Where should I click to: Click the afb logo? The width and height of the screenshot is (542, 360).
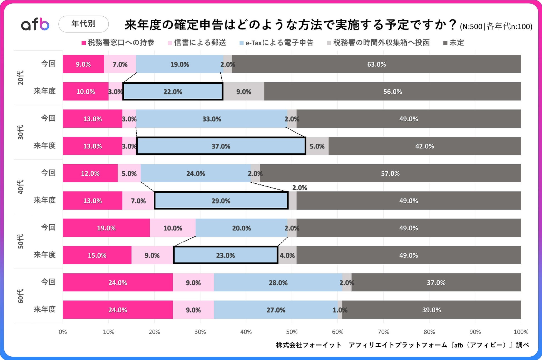(x=35, y=24)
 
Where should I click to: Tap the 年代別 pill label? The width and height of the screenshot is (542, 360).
(x=83, y=24)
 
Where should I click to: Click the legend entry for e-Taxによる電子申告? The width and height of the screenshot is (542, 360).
(x=276, y=43)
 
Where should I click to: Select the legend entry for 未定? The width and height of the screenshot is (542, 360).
(x=454, y=43)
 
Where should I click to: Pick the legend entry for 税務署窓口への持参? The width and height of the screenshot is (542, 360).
(x=118, y=43)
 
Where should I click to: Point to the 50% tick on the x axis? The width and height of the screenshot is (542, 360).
(x=292, y=332)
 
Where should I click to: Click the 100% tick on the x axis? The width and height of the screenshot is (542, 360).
(x=521, y=332)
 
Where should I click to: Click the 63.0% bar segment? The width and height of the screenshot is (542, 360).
(x=376, y=64)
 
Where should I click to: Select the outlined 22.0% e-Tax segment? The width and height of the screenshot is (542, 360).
(x=173, y=91)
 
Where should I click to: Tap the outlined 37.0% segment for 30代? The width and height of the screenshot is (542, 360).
(x=221, y=146)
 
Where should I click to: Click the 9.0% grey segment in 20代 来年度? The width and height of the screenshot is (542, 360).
(x=243, y=91)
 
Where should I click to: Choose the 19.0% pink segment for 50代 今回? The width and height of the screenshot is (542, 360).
(x=106, y=228)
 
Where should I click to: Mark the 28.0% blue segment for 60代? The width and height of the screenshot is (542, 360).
(x=278, y=282)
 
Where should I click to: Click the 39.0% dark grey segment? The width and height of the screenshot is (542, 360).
(x=431, y=310)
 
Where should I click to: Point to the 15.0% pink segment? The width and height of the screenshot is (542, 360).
(x=97, y=255)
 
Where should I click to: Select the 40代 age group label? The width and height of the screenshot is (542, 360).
(x=21, y=187)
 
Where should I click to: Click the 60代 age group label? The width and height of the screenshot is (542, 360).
(x=21, y=296)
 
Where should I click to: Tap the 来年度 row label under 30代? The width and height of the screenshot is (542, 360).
(x=44, y=146)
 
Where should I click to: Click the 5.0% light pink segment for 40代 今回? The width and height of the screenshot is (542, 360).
(x=129, y=173)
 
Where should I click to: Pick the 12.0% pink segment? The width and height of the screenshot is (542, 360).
(x=90, y=173)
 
